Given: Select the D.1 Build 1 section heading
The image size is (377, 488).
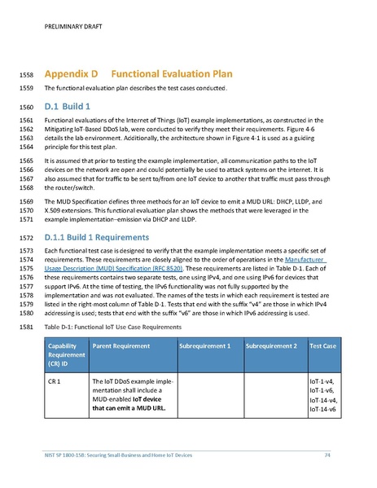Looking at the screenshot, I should (x=72, y=107).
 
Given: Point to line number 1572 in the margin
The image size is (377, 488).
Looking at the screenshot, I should (x=26, y=237).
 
